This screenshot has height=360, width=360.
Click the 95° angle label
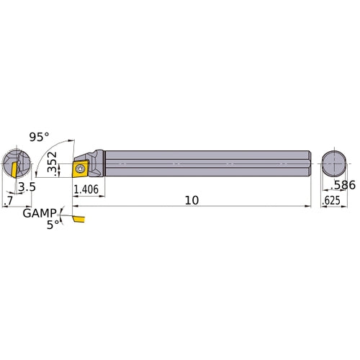(40, 136)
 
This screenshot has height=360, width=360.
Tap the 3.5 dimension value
(27, 186)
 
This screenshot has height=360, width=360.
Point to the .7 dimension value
(8, 201)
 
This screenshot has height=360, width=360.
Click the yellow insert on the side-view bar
(81, 168)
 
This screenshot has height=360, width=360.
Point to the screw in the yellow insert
(80, 168)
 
